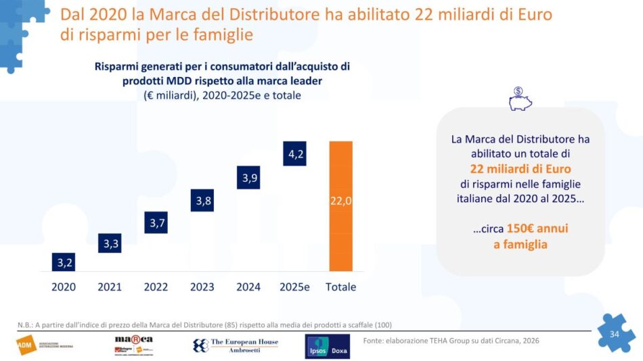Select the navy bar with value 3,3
(110, 243)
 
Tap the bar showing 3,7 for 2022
(156, 222)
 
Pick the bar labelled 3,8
(202, 200)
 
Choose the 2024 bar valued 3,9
(248, 178)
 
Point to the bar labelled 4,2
(295, 154)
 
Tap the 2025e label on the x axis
(294, 287)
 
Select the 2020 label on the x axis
(64, 287)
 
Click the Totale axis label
(340, 287)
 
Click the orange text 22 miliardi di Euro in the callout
(520, 168)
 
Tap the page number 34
(615, 334)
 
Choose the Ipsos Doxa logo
(328, 345)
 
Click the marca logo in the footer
(134, 344)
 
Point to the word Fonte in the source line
(376, 339)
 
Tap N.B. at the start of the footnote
(25, 324)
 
